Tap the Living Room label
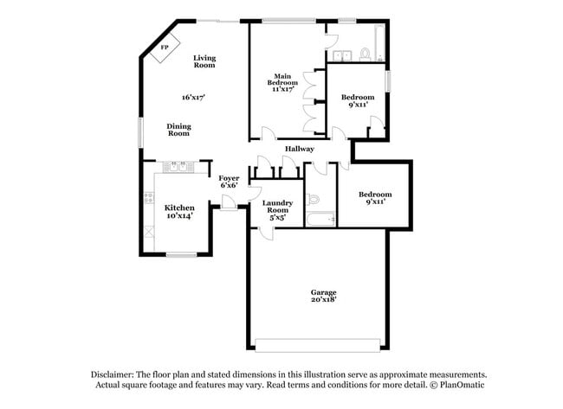204,61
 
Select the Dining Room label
178,130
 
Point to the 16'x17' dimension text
193,97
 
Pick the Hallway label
299,149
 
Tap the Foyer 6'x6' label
229,182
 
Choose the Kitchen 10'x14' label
179,212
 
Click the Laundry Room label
277,211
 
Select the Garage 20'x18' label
324,296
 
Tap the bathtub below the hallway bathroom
320,220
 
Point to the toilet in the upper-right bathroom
366,55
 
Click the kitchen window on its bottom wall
182,253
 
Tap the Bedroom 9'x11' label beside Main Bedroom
357,101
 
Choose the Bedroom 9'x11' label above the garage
375,198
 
